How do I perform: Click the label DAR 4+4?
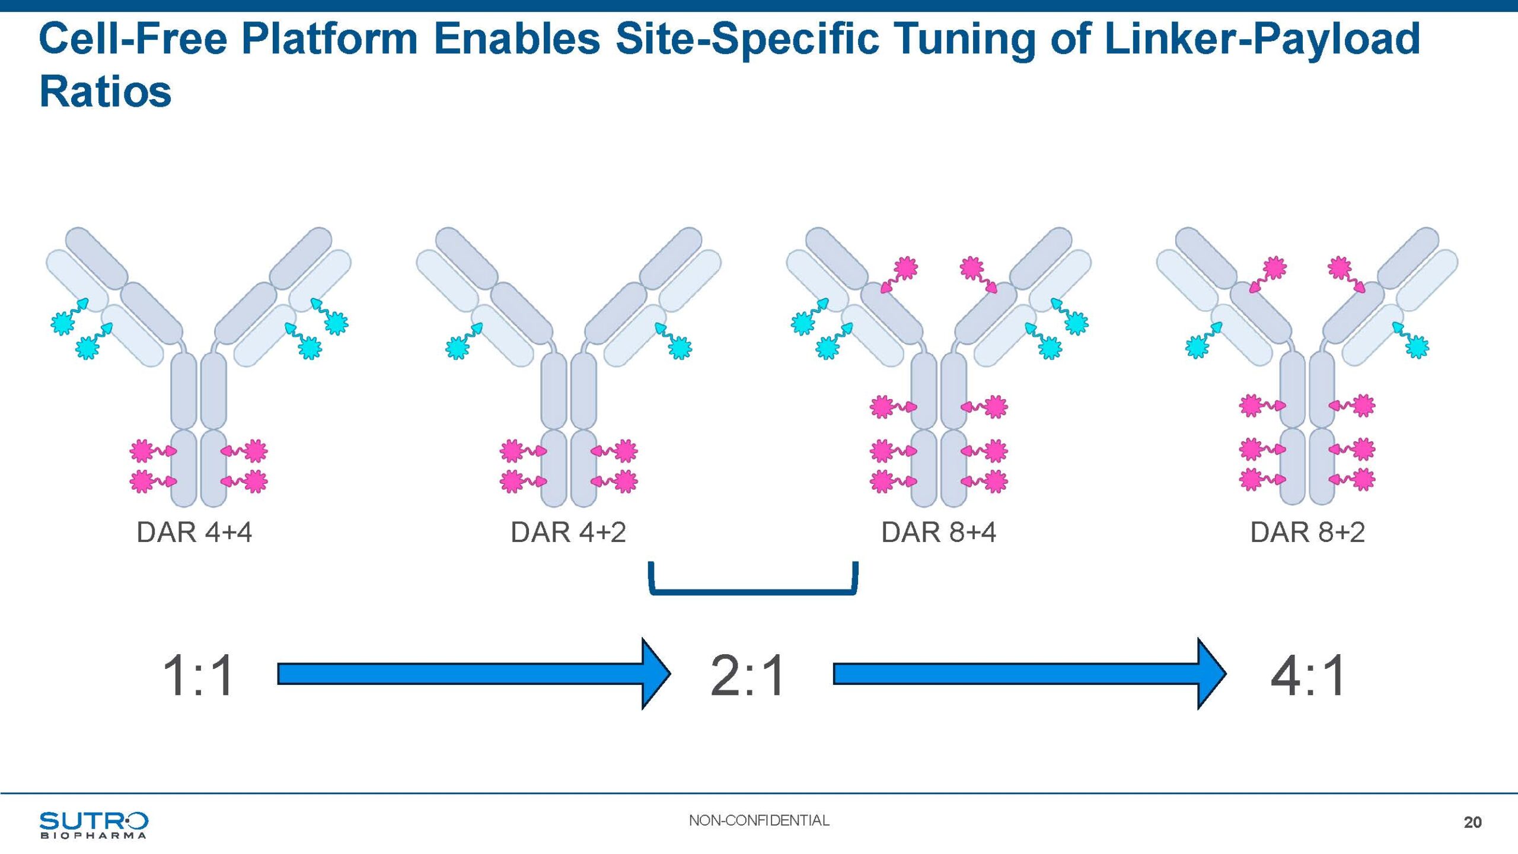[x=194, y=532]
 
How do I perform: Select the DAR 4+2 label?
[x=568, y=532]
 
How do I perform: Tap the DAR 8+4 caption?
[x=938, y=532]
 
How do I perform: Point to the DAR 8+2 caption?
[x=1307, y=532]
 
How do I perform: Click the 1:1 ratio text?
[x=198, y=675]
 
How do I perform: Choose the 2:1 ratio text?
[x=748, y=675]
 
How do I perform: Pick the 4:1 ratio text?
[x=1308, y=675]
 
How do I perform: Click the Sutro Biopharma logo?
[x=94, y=824]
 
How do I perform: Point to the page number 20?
[x=1472, y=822]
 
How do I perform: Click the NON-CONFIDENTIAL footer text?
[x=759, y=820]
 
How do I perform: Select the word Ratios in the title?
[x=106, y=92]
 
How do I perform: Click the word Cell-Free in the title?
[x=133, y=39]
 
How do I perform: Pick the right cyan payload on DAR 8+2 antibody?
[x=1417, y=346]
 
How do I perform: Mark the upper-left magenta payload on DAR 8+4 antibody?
[x=905, y=268]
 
